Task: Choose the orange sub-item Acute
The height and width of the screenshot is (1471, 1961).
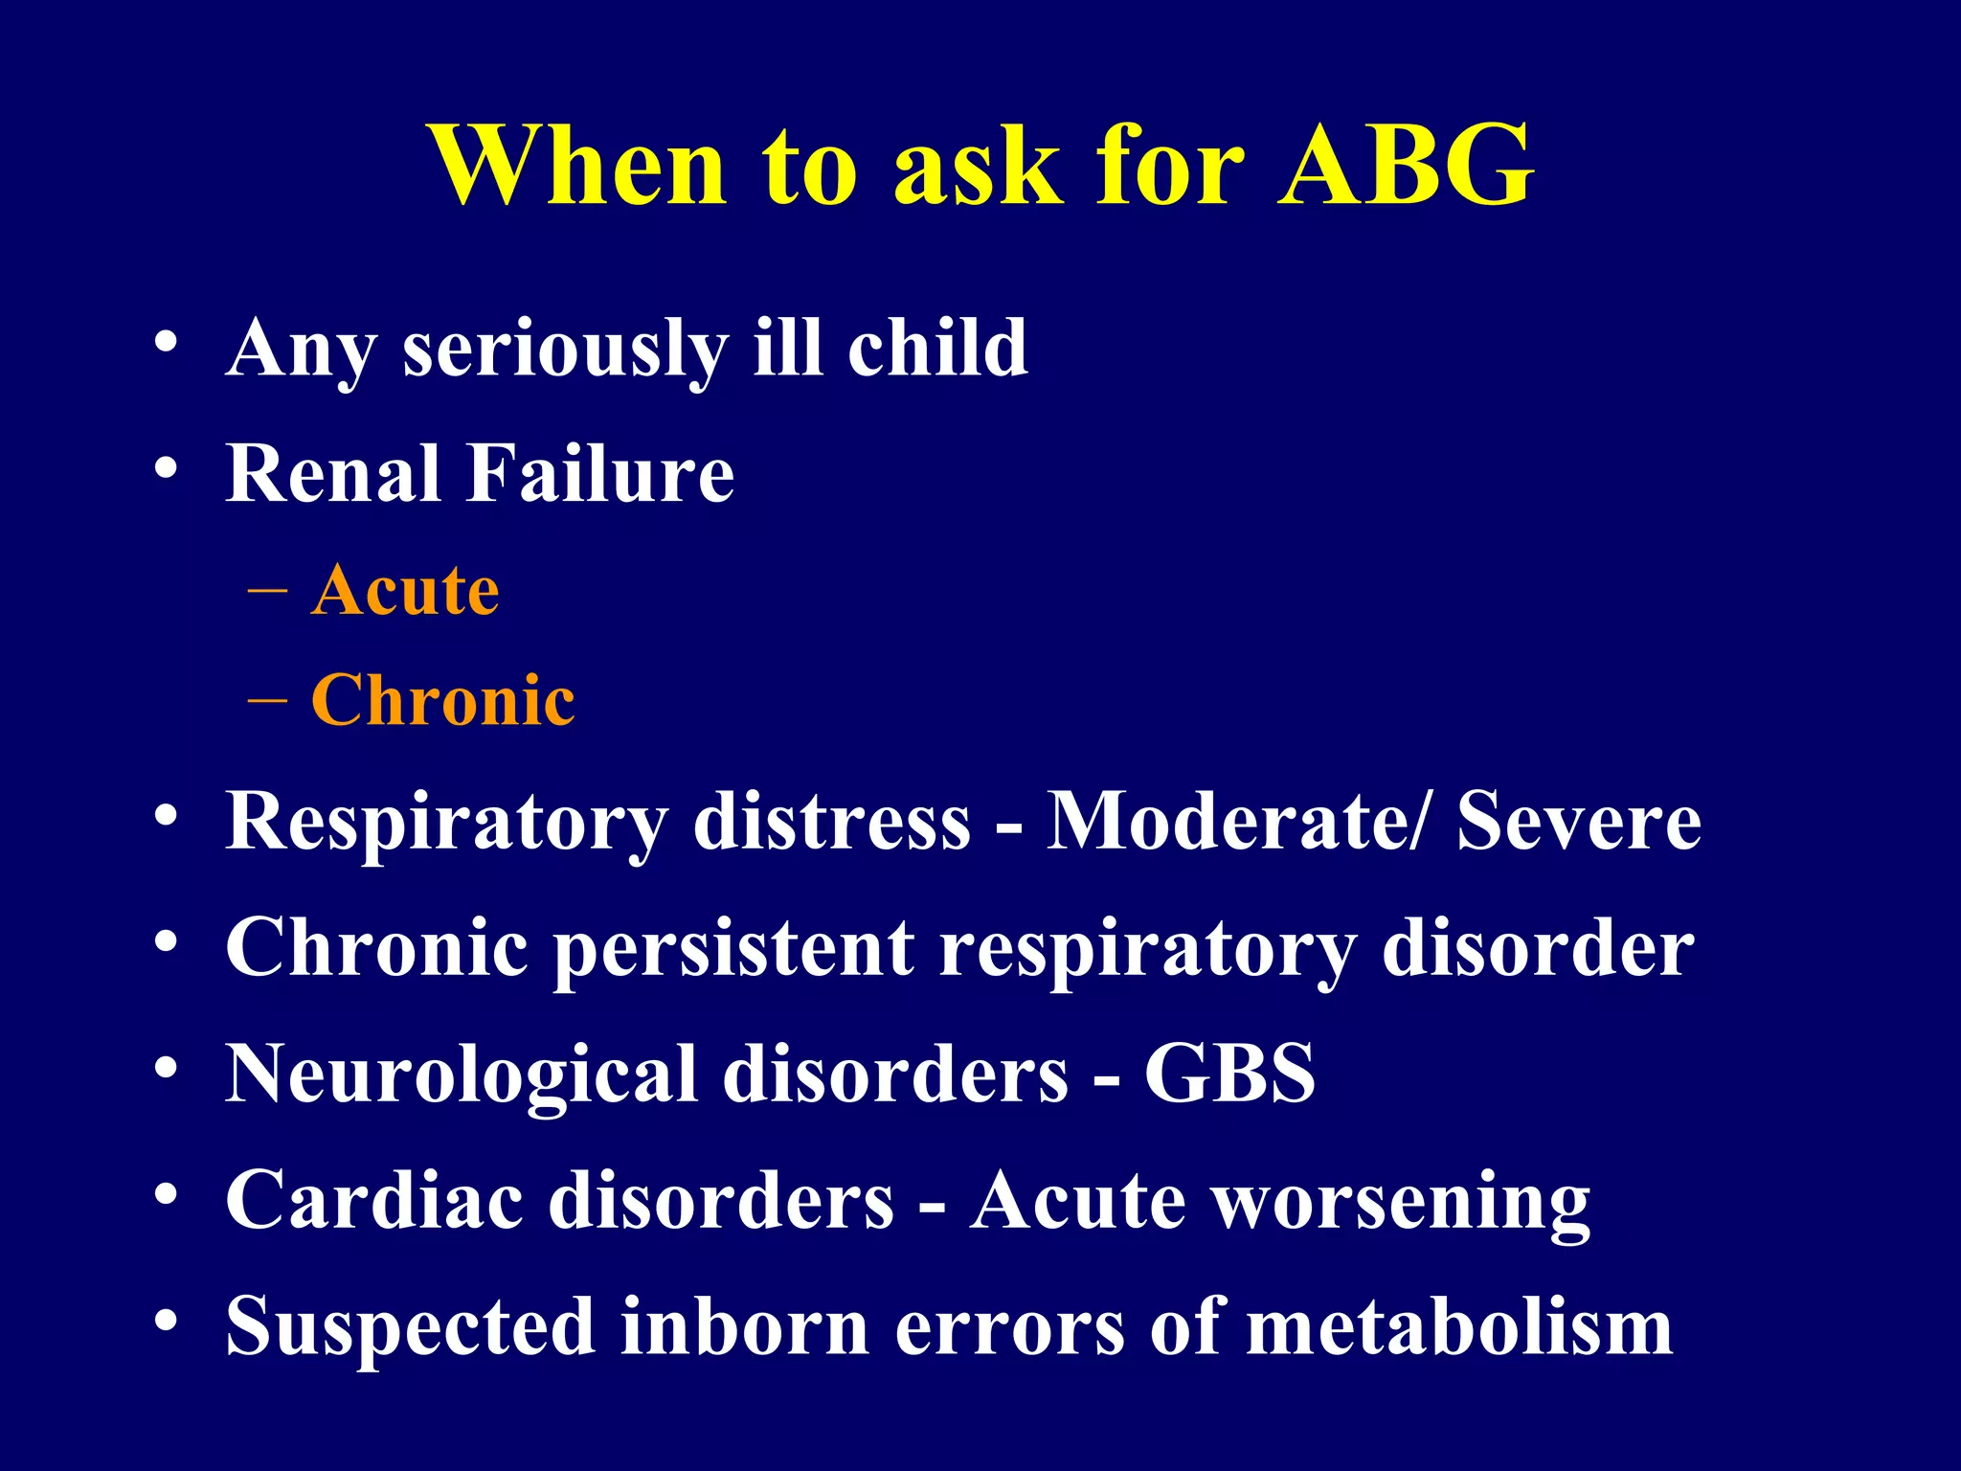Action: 405,590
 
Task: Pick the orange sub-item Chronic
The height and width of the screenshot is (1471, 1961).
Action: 443,700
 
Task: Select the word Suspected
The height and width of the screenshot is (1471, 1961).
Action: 410,1329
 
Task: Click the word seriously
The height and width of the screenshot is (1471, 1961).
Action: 565,351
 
